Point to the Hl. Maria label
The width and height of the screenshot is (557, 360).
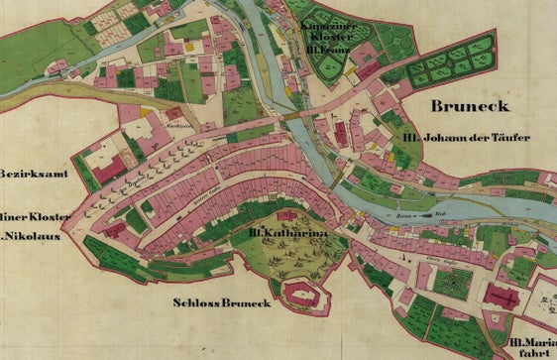pos(531,341)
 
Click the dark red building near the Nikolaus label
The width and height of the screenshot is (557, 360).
pos(115,230)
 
